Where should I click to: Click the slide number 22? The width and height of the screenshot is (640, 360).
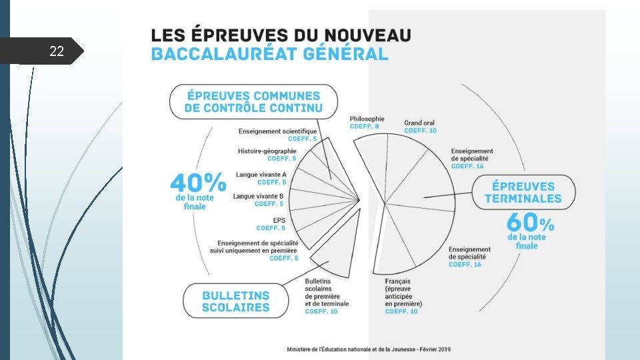57,51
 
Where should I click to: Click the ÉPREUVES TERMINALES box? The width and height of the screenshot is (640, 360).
523,192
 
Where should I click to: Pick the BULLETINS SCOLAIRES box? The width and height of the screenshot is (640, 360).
236,301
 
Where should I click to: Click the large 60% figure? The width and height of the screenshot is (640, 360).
530,222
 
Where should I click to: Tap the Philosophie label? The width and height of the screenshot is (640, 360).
367,119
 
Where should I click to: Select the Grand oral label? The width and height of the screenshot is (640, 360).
419,123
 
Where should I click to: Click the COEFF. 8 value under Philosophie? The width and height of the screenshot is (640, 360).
364,127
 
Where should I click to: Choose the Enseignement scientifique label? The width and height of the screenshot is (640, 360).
278,131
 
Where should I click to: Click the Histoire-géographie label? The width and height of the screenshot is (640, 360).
267,151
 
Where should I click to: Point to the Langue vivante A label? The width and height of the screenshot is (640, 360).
261,175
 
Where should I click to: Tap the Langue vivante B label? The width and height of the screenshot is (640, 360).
258,196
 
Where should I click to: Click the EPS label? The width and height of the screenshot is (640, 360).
279,219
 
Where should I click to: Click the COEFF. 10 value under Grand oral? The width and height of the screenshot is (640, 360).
420,131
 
